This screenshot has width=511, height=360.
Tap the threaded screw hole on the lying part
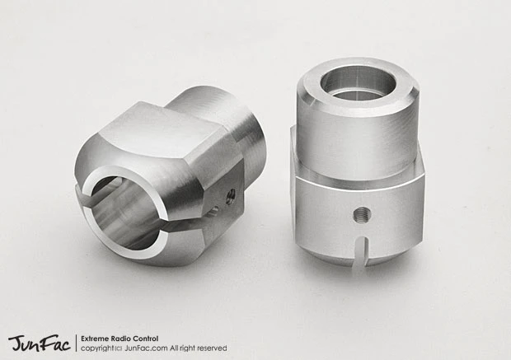[231, 195]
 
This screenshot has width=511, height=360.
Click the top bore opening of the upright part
[356, 82]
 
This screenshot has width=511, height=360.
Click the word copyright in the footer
[99, 348]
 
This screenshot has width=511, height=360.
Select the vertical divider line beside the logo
[76, 343]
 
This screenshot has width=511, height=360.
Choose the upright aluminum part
[357, 165]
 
